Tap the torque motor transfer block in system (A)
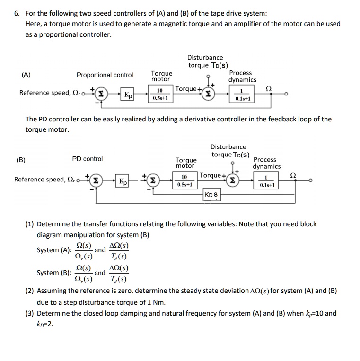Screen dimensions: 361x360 coord(159,95)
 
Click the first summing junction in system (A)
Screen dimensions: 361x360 coord(100,94)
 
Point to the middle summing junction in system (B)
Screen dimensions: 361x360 coord(152,181)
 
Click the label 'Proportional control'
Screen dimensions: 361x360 coord(105,75)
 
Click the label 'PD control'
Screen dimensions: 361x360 coord(87,159)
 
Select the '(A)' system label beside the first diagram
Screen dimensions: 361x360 coord(26,75)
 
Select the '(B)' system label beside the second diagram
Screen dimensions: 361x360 coord(21,159)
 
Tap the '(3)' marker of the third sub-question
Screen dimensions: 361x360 coord(29,313)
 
